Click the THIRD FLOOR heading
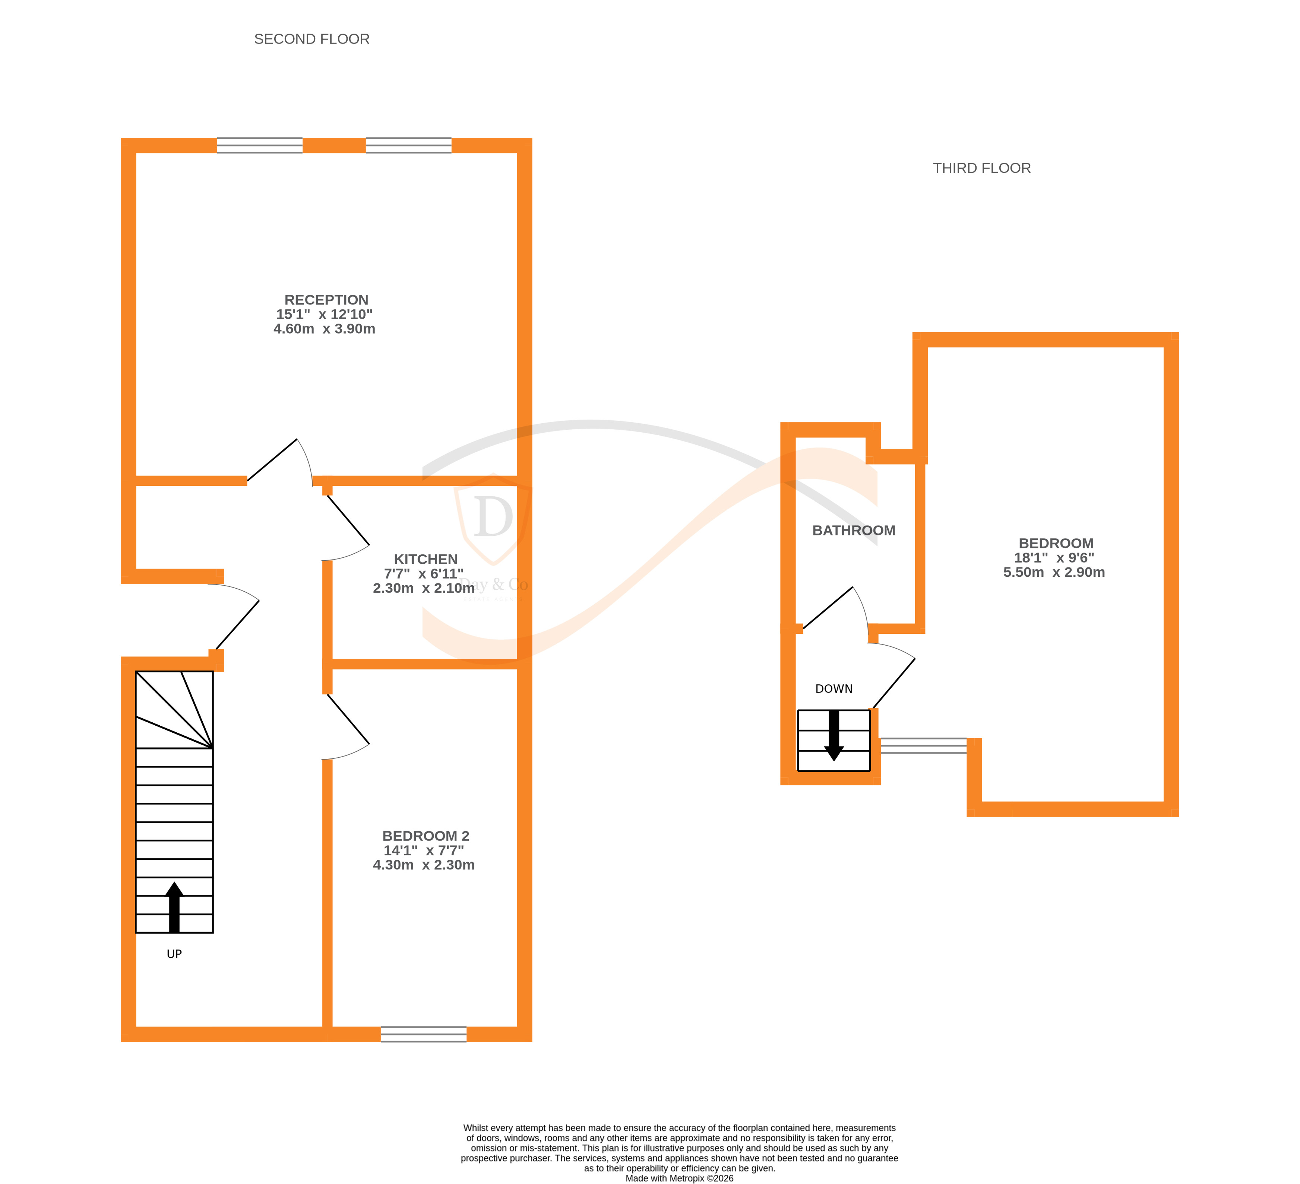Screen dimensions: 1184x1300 [x=981, y=168]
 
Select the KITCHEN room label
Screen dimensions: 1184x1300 [x=426, y=560]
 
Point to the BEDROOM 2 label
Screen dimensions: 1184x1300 [x=426, y=836]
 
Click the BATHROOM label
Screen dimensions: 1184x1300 [x=854, y=531]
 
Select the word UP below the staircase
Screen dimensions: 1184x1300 [x=174, y=954]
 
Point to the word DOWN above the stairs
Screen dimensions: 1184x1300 [x=834, y=689]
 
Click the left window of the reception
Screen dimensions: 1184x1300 [x=259, y=146]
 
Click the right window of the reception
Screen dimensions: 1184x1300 [x=408, y=146]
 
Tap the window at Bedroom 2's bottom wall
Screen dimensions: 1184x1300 [x=424, y=1034]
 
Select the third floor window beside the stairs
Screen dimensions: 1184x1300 [x=923, y=746]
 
